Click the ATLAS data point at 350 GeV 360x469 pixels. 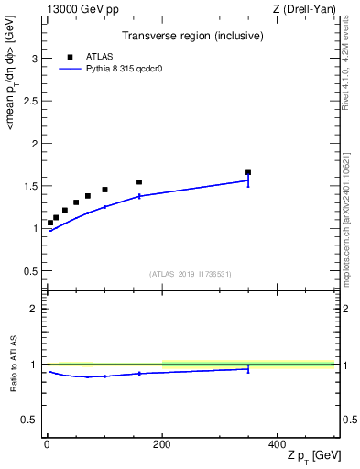coord(248,172)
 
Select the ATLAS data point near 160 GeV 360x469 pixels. coord(139,182)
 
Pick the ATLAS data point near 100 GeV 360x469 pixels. coord(104,190)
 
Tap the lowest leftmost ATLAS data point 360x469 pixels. coord(50,223)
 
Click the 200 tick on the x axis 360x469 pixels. coord(162,443)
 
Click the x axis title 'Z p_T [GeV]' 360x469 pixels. coord(311,456)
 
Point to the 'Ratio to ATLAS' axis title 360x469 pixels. coord(14,365)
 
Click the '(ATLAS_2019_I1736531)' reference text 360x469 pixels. coord(191,274)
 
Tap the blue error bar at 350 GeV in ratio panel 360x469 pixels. coord(248,368)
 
